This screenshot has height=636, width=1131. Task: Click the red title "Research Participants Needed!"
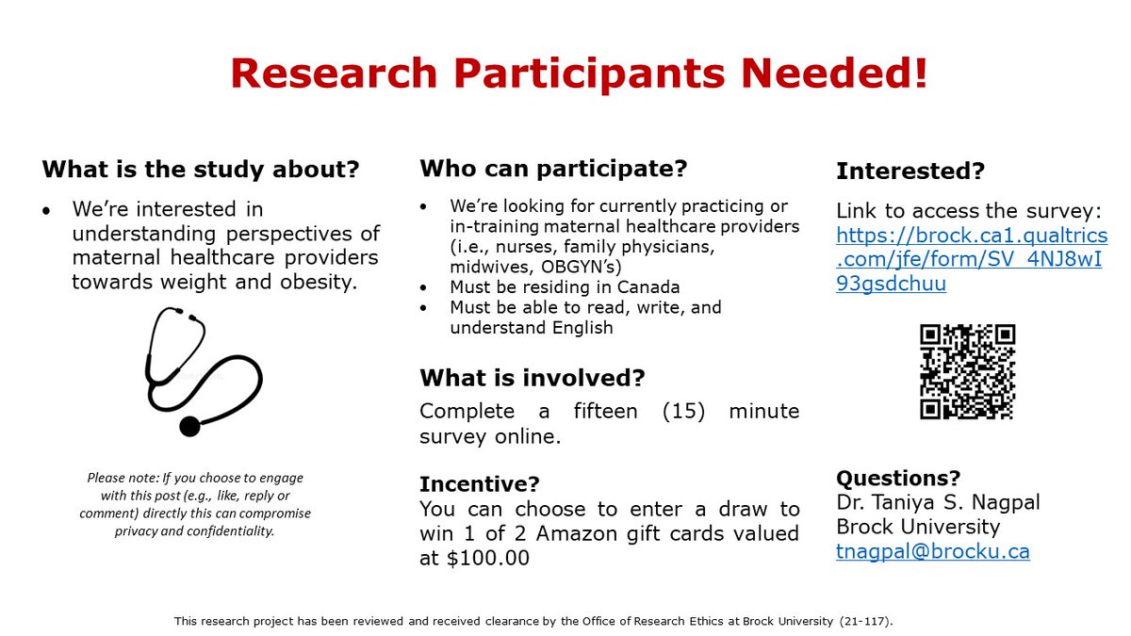(x=579, y=74)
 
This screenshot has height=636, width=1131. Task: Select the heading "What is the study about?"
(x=201, y=171)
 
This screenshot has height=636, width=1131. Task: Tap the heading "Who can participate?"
(x=553, y=170)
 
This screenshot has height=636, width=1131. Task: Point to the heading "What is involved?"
(x=533, y=379)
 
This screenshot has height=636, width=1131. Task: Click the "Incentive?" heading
(x=480, y=484)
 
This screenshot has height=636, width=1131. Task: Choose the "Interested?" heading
(x=910, y=171)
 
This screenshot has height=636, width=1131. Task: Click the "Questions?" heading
(x=898, y=478)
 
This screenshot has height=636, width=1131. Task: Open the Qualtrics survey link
(x=971, y=259)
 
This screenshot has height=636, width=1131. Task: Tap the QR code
(x=967, y=371)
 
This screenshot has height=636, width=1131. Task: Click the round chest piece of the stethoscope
(x=189, y=426)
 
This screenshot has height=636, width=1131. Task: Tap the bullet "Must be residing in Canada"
(x=565, y=287)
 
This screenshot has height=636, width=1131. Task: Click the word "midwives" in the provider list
(x=485, y=267)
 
